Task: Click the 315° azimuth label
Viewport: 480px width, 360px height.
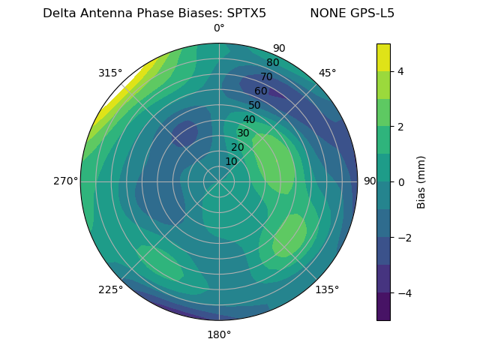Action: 109,73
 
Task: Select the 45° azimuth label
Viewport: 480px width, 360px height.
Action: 327,73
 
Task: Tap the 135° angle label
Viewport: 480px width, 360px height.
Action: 327,289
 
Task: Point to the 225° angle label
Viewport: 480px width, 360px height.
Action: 110,289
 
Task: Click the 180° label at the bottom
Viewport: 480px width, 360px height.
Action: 219,334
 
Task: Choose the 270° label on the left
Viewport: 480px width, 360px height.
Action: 65,181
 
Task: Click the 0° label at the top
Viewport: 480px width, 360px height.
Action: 219,28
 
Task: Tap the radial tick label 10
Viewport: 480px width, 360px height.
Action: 231,161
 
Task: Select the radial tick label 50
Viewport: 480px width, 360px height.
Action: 254,105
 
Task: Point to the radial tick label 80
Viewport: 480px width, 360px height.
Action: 272,62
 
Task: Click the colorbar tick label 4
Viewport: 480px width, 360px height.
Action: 401,71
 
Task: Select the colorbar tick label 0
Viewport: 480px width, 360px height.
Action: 401,181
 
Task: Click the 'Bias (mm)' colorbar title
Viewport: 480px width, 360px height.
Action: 421,181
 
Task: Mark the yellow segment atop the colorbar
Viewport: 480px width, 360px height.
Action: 383,57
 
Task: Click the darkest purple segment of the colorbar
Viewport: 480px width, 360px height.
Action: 383,306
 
